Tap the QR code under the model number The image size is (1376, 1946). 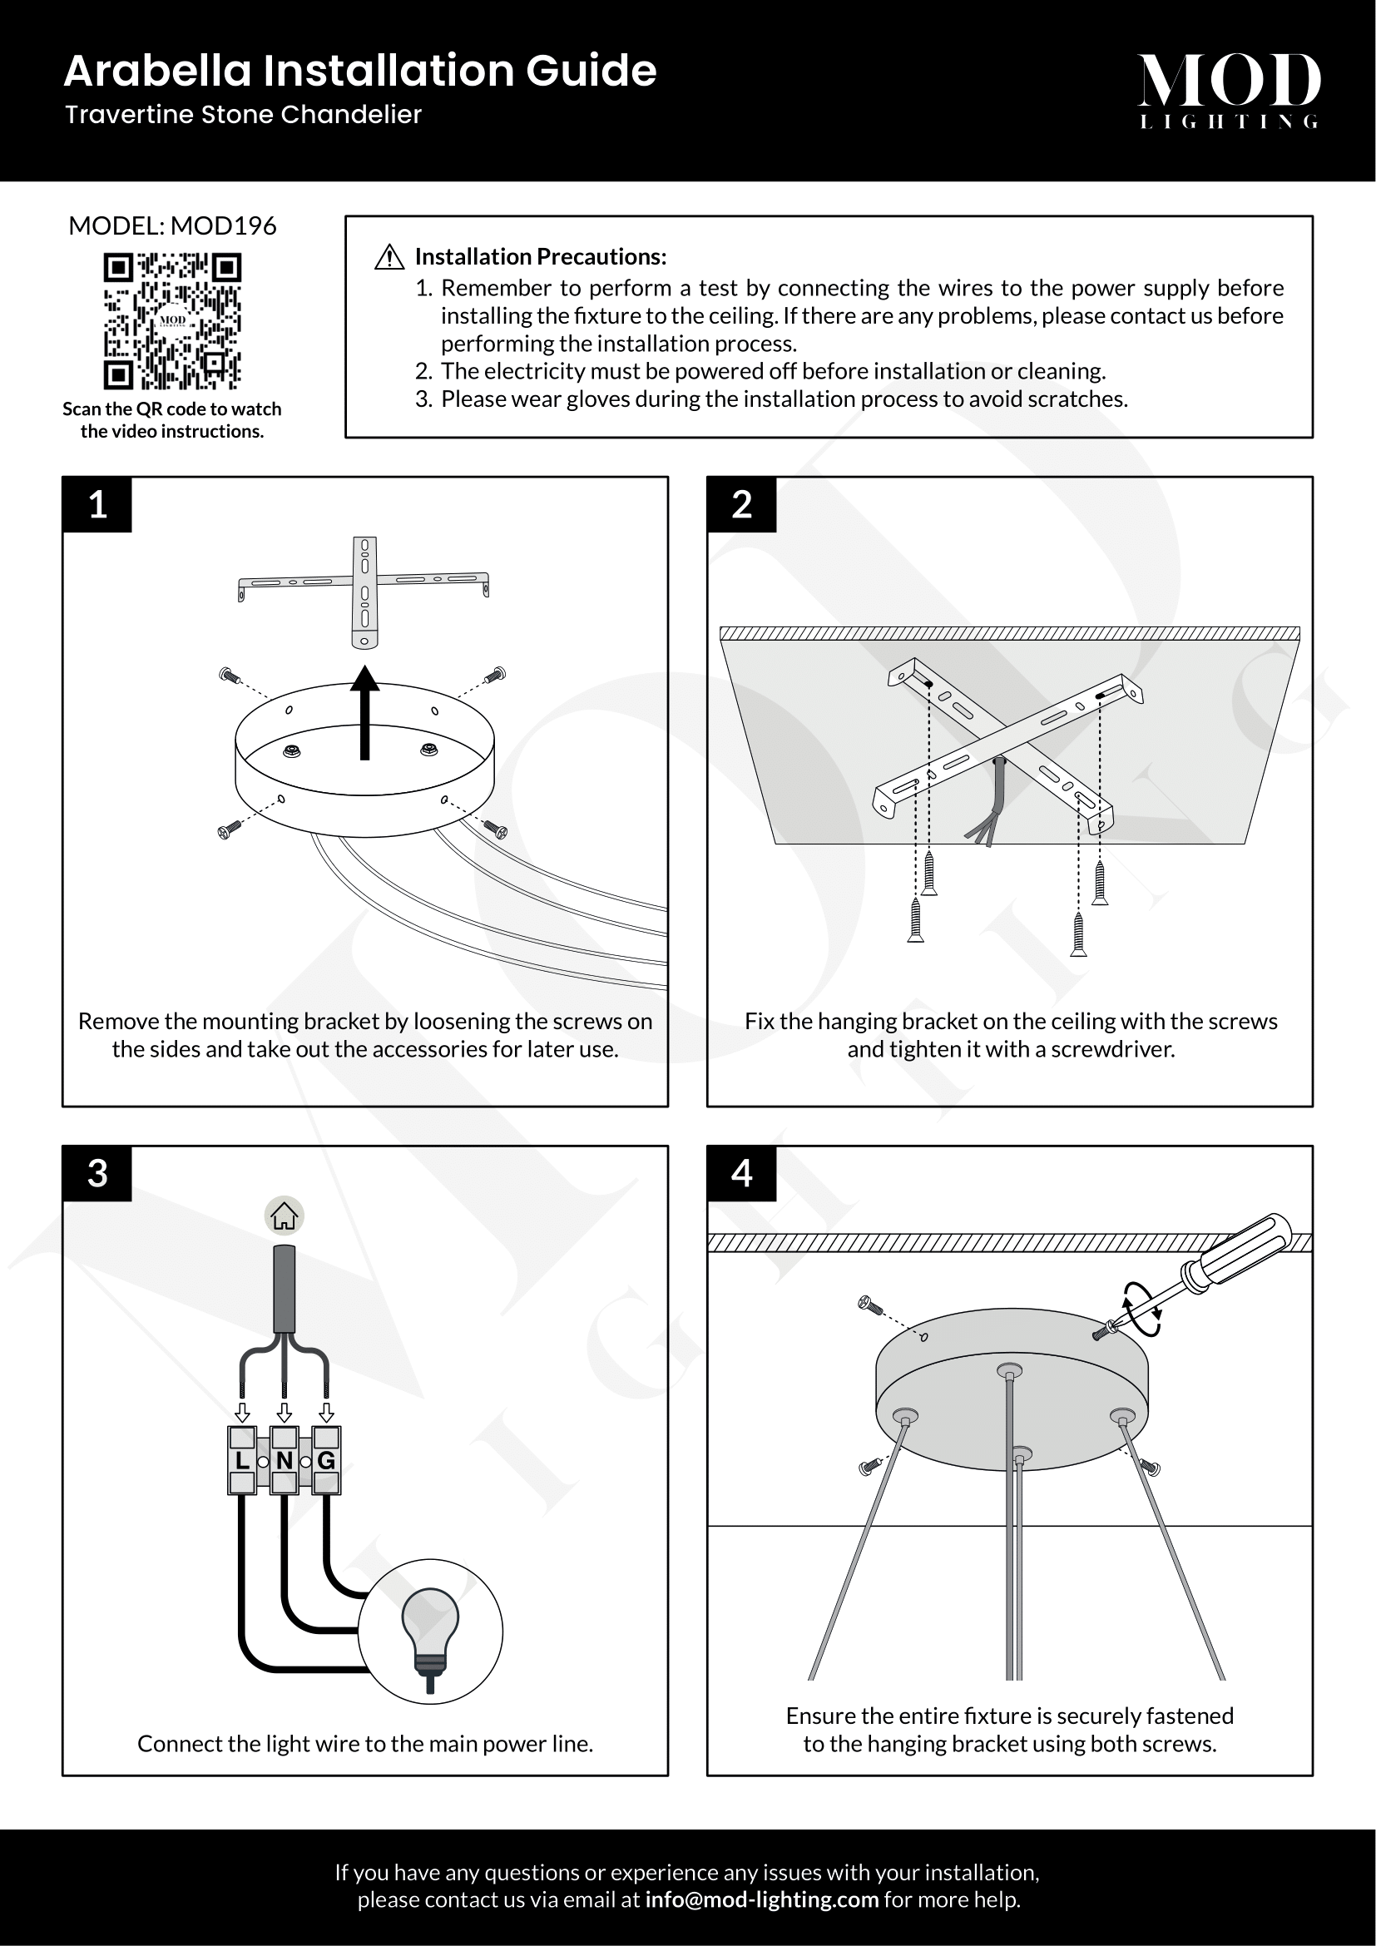pyautogui.click(x=172, y=321)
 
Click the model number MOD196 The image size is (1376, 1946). pyautogui.click(x=224, y=225)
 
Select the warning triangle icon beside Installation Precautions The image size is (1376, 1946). pyautogui.click(x=389, y=257)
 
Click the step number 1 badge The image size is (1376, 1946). pyautogui.click(x=97, y=504)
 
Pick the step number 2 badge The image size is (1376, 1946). pyautogui.click(x=741, y=504)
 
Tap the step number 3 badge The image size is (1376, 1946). pyautogui.click(x=97, y=1174)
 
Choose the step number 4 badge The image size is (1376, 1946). pyautogui.click(x=741, y=1174)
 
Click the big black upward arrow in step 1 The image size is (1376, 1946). pyautogui.click(x=365, y=712)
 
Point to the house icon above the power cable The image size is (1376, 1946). pyautogui.click(x=284, y=1216)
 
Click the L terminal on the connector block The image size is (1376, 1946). pyautogui.click(x=242, y=1460)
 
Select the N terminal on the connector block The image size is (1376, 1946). pyautogui.click(x=284, y=1460)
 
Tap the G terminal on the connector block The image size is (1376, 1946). pyautogui.click(x=326, y=1460)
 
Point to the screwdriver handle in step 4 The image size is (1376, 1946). pyautogui.click(x=1241, y=1253)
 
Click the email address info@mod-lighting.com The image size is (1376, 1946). pyautogui.click(x=761, y=1899)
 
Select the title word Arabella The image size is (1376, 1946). pyautogui.click(x=157, y=71)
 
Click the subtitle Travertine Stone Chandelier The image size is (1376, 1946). pyautogui.click(x=243, y=115)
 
